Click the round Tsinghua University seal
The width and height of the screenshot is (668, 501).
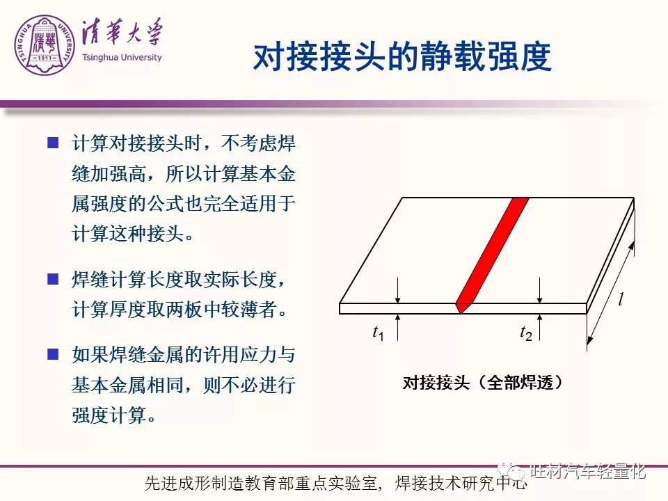click(x=45, y=45)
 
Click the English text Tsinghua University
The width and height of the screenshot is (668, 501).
click(x=122, y=58)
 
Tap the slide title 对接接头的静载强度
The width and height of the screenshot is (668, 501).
click(x=402, y=56)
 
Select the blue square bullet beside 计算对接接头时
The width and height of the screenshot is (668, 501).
click(x=53, y=143)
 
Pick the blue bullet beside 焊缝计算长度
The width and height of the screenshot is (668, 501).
click(x=53, y=280)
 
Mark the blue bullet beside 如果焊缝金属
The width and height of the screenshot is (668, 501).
click(x=53, y=354)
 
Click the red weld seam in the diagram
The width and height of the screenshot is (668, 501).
click(x=492, y=255)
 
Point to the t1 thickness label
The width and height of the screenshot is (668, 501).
click(x=379, y=333)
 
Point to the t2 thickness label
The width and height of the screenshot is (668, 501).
click(x=526, y=333)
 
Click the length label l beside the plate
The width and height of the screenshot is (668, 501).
click(x=621, y=299)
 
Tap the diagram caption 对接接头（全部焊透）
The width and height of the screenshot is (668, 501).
click(x=483, y=383)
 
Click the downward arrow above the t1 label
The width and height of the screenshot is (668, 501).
click(x=397, y=290)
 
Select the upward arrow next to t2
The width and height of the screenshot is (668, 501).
click(x=540, y=327)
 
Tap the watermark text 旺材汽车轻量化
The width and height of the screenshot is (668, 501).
click(x=588, y=471)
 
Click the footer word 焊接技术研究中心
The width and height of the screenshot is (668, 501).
click(x=461, y=483)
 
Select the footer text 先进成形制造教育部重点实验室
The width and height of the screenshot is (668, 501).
click(x=261, y=483)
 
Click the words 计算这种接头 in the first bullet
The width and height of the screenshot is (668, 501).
click(x=128, y=234)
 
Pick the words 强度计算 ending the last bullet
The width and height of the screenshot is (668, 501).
click(x=109, y=415)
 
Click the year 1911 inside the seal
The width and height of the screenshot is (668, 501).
click(x=45, y=58)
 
